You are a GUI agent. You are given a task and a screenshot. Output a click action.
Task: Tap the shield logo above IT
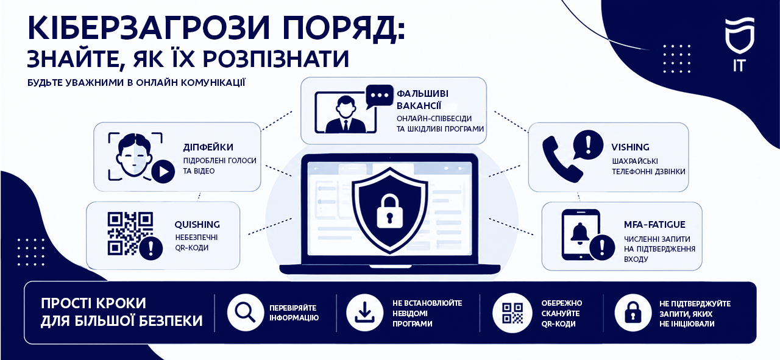[740, 35]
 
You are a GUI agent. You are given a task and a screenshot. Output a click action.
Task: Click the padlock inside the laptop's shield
[389, 211]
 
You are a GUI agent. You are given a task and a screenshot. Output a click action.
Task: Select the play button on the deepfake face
[163, 172]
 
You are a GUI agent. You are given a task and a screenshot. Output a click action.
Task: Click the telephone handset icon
[562, 159]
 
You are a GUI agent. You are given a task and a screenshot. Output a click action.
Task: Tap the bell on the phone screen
[580, 233]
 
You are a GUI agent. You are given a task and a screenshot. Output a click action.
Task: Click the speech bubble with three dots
[380, 96]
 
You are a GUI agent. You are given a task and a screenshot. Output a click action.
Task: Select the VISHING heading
[630, 147]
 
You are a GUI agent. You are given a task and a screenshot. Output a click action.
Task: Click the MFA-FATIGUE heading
[654, 225]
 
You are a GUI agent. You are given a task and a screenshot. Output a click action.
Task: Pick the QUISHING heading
[197, 225]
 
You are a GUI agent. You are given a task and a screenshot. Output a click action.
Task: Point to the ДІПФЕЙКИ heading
[208, 147]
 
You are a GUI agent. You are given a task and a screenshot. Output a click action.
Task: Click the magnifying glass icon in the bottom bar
[245, 312]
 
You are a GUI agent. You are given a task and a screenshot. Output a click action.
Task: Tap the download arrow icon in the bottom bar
[364, 312]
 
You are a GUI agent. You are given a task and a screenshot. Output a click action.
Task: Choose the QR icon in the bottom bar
[512, 312]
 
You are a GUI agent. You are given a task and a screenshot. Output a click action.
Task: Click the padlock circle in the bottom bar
[633, 312]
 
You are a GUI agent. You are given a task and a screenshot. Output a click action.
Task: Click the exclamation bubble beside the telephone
[588, 145]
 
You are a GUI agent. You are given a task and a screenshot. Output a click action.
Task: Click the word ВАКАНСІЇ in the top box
[419, 105]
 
